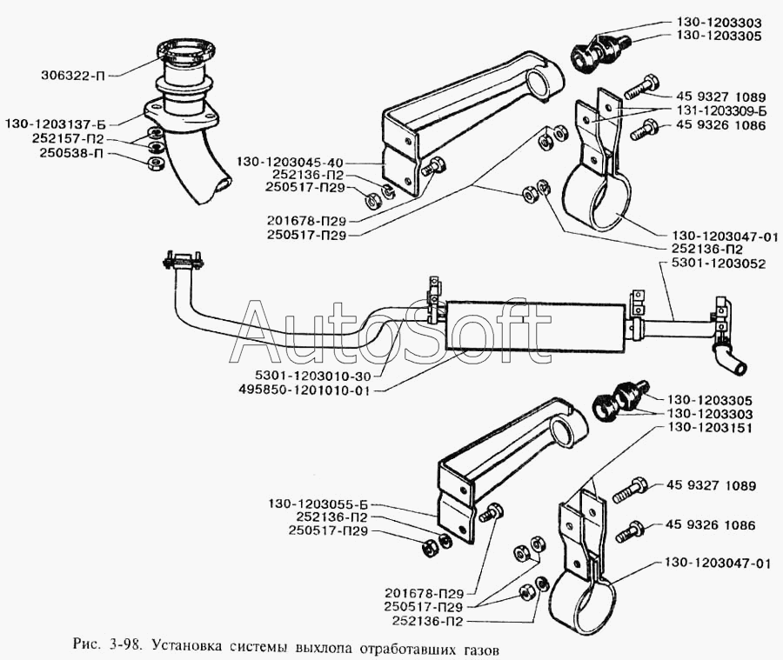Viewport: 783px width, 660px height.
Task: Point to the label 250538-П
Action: (74, 153)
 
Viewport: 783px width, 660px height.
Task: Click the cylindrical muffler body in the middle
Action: (535, 326)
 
